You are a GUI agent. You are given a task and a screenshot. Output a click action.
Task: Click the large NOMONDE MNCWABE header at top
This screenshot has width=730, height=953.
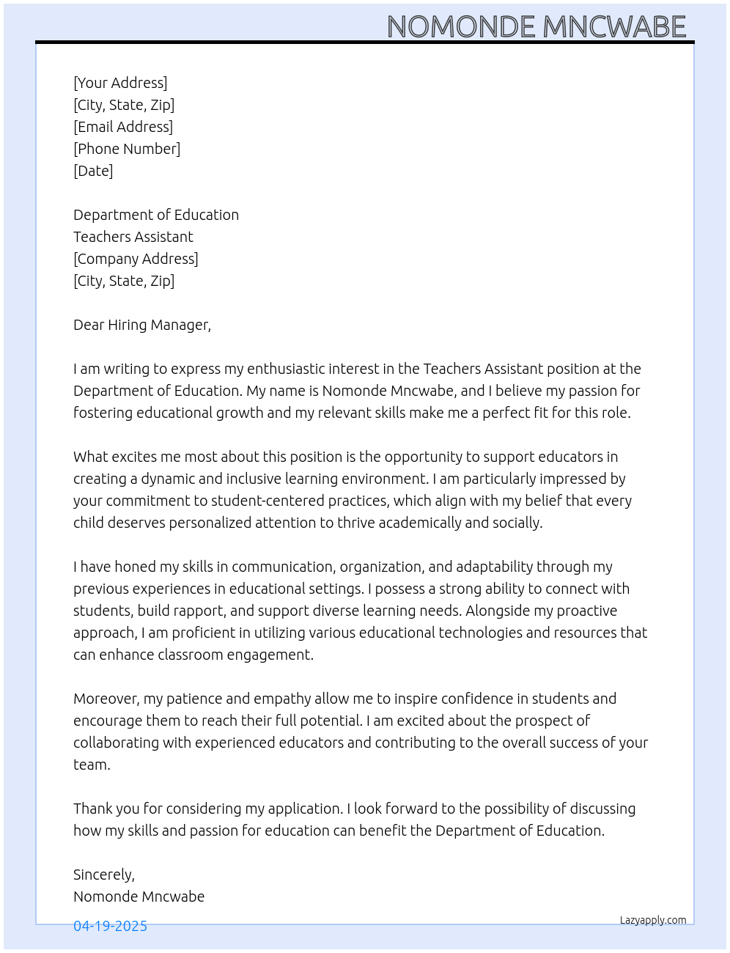[x=536, y=26]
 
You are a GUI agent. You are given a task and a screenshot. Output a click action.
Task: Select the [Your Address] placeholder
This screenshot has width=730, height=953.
[x=120, y=83]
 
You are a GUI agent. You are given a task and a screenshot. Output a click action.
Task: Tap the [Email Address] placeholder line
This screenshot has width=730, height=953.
[x=123, y=127]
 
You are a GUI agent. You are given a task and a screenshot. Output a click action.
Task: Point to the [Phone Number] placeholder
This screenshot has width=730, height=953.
[x=127, y=149]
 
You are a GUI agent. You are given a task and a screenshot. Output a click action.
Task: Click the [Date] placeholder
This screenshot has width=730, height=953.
[x=93, y=171]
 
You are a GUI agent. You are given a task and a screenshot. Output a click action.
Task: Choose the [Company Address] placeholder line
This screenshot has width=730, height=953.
[x=136, y=259]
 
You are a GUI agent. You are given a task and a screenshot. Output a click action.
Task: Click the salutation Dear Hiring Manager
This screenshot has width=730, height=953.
[x=142, y=325]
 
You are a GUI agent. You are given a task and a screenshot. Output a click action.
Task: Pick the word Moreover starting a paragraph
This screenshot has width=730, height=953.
[x=106, y=699]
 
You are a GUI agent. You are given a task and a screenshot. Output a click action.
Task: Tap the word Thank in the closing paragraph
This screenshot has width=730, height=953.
[x=92, y=809]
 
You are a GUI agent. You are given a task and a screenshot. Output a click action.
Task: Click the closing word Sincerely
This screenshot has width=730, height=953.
[x=103, y=875]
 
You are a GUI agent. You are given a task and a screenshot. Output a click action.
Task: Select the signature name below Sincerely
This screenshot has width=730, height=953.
[x=139, y=897]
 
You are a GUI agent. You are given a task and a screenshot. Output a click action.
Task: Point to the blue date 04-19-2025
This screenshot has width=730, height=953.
[x=110, y=926]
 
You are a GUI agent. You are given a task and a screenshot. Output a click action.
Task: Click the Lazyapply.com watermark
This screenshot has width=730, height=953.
[x=653, y=920]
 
